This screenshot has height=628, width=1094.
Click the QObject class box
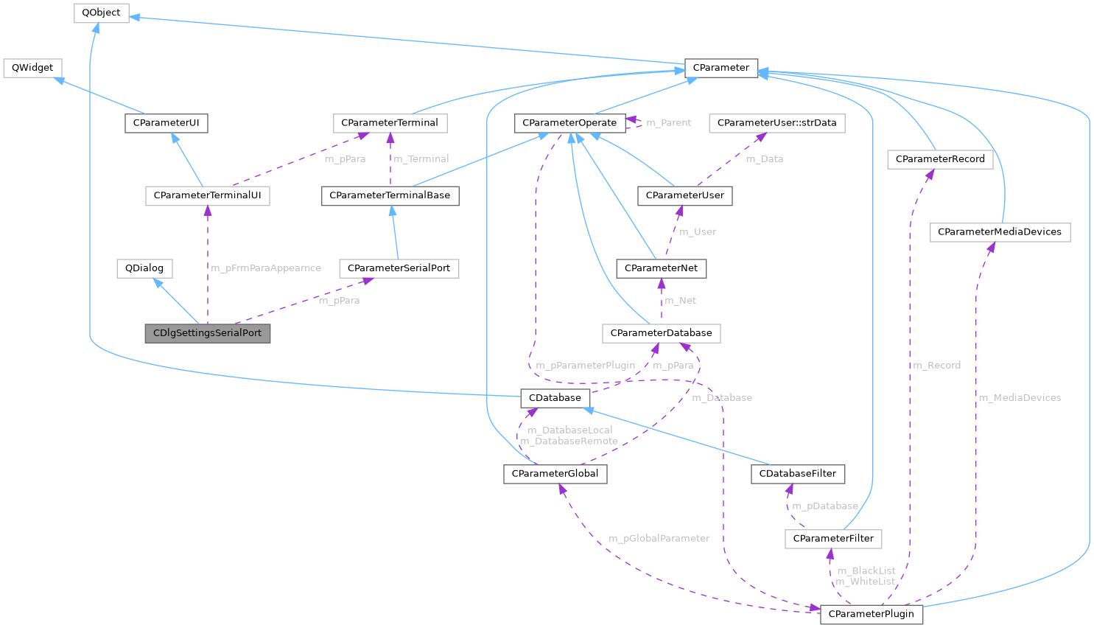coord(102,13)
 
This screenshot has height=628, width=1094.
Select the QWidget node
coord(32,68)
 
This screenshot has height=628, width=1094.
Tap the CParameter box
coord(720,68)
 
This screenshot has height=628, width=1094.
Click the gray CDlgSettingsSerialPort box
coord(208,333)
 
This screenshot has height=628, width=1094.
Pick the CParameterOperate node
coord(569,123)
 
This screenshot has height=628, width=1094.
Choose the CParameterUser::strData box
coord(776,123)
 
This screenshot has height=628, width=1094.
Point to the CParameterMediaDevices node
coord(1000,232)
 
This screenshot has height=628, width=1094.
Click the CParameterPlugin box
coord(871,614)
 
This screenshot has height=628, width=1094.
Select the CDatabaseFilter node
coord(797,474)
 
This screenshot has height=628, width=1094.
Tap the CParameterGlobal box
coord(555,474)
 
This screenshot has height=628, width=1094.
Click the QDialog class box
coord(144,268)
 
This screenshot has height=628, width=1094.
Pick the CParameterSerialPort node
coord(399,268)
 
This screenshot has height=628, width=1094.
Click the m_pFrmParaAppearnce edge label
coord(266,268)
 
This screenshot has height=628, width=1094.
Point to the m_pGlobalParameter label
coord(659,539)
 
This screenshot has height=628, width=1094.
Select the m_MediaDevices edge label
coord(1020,398)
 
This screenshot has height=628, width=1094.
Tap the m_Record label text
coord(936,366)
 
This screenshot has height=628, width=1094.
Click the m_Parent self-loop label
coord(668,123)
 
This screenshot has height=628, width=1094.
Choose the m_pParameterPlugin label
coord(585,366)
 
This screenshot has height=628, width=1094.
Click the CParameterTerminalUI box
coord(207,196)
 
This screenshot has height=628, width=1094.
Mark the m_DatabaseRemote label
coord(569,442)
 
